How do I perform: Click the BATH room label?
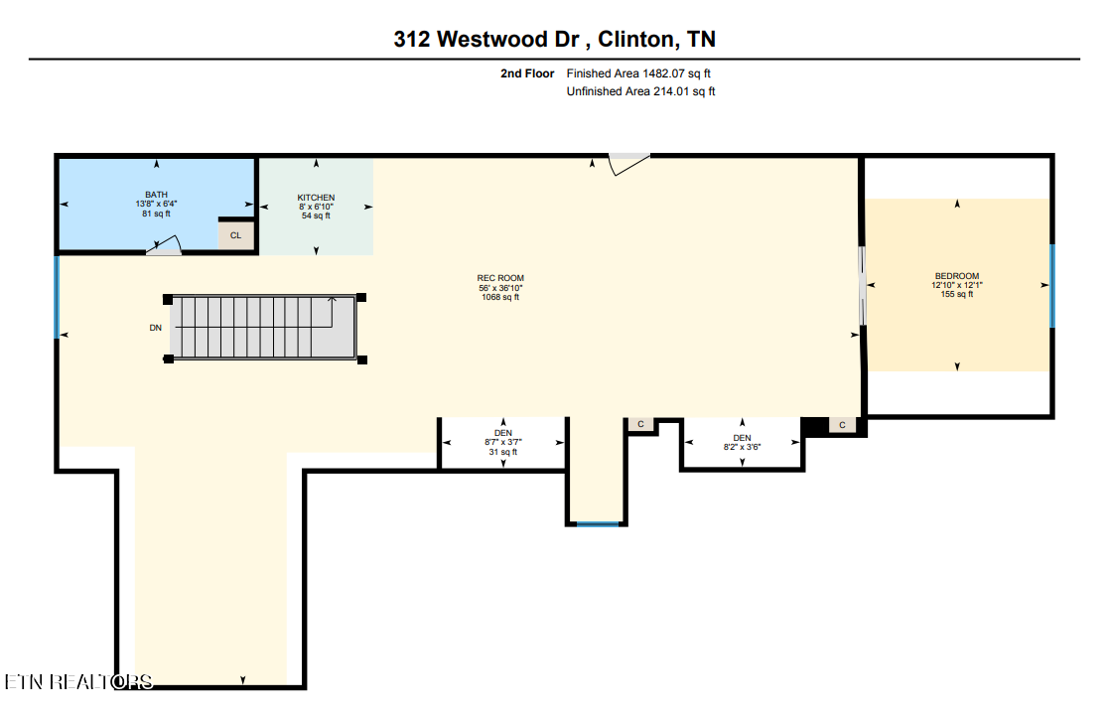[156, 204]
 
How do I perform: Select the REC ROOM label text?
[500, 287]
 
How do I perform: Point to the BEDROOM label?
[956, 285]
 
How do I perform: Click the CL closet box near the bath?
[235, 235]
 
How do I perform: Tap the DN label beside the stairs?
[155, 327]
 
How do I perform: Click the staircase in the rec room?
[264, 326]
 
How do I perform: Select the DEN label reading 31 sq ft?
[503, 442]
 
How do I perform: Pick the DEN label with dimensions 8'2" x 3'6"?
[742, 443]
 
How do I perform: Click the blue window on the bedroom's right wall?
[1051, 285]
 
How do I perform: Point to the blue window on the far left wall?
[57, 297]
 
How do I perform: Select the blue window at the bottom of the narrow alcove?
[598, 523]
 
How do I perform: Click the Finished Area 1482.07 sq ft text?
[638, 73]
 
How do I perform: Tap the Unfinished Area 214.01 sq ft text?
[640, 91]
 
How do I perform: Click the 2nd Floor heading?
[527, 73]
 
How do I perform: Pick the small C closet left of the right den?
[640, 424]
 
